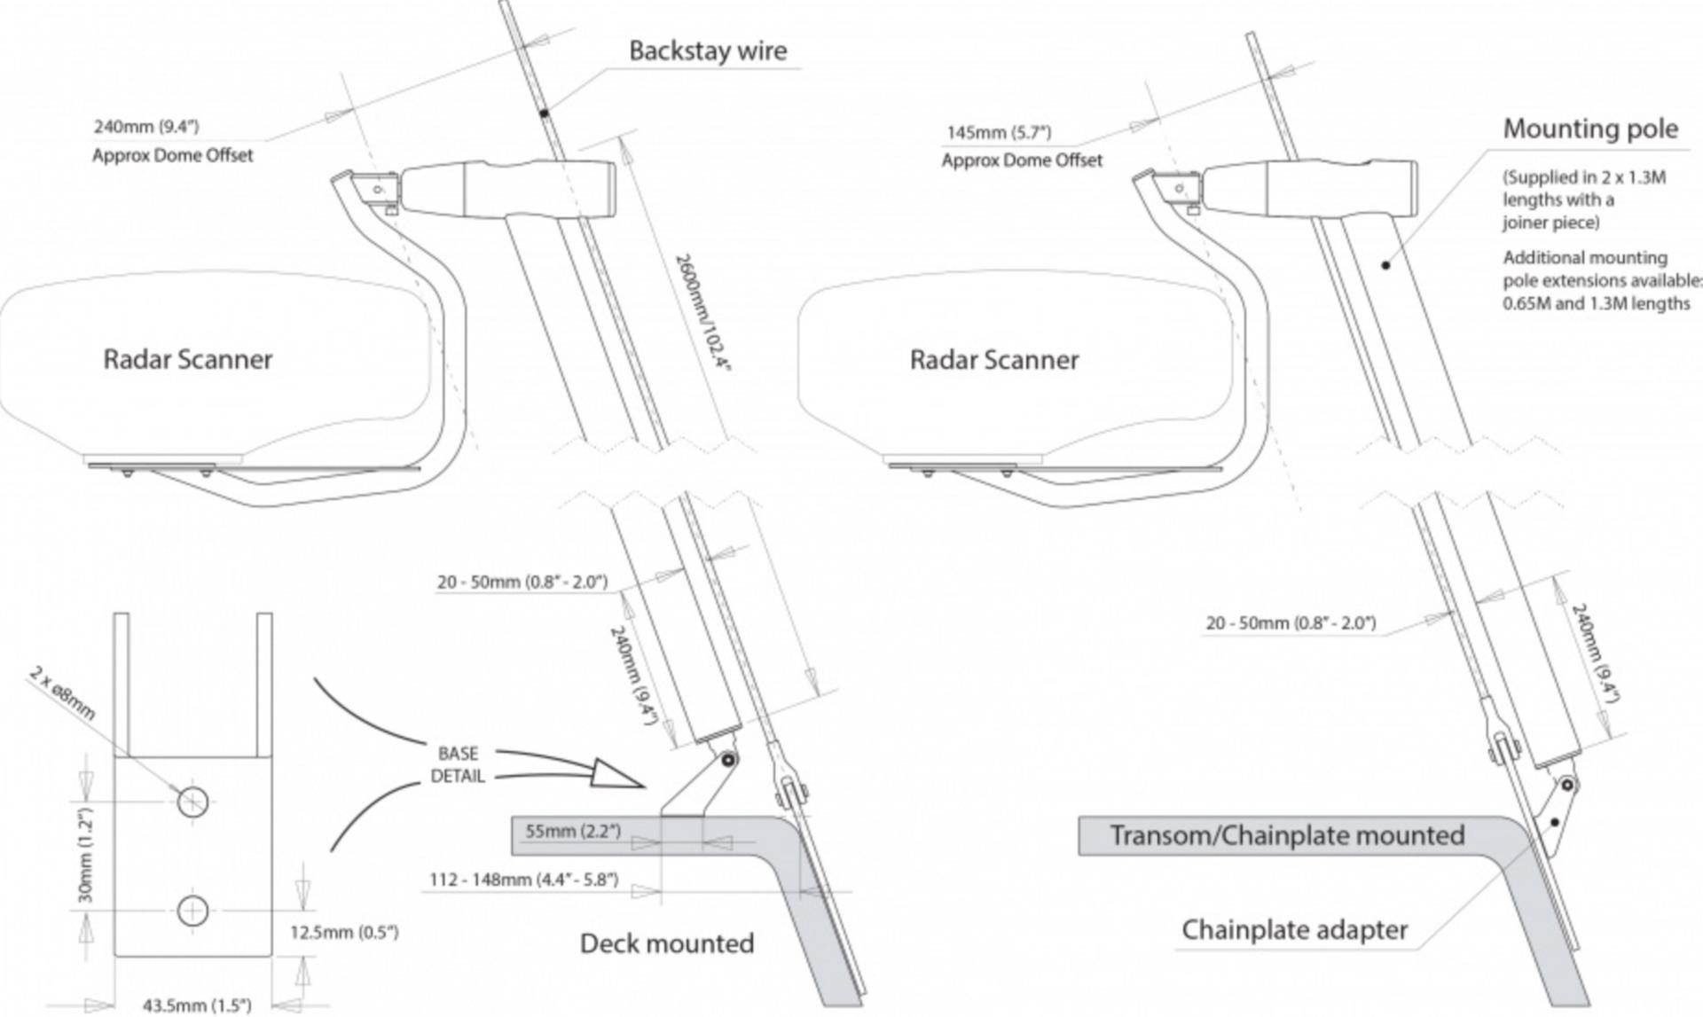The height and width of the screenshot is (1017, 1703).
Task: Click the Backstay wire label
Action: tap(707, 51)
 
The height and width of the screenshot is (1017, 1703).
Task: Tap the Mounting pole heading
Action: tap(1589, 129)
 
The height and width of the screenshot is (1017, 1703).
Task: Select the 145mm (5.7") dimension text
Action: tap(999, 133)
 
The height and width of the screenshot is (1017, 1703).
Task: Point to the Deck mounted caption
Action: tap(666, 943)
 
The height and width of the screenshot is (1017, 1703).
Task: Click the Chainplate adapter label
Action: tap(1294, 929)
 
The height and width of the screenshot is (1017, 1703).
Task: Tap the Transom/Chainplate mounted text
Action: tap(1286, 835)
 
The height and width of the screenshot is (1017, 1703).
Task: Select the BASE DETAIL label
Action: tap(458, 764)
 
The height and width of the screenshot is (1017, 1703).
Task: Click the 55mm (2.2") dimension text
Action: tap(573, 832)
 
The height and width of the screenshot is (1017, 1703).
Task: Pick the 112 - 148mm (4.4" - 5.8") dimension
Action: tap(523, 880)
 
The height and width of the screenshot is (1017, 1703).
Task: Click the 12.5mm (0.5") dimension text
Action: tap(344, 932)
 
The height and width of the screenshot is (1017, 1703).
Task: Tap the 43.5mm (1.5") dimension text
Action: tap(197, 1005)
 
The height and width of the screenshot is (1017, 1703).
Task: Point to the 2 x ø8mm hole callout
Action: tap(62, 693)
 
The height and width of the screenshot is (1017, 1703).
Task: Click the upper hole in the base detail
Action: tap(192, 802)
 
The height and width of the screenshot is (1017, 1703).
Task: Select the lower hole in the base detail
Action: tap(192, 911)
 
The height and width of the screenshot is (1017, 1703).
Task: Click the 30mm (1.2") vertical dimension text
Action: tap(86, 855)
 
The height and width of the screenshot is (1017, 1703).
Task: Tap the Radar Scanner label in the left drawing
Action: tap(187, 359)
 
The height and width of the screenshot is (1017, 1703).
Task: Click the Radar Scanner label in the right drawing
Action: tap(993, 359)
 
